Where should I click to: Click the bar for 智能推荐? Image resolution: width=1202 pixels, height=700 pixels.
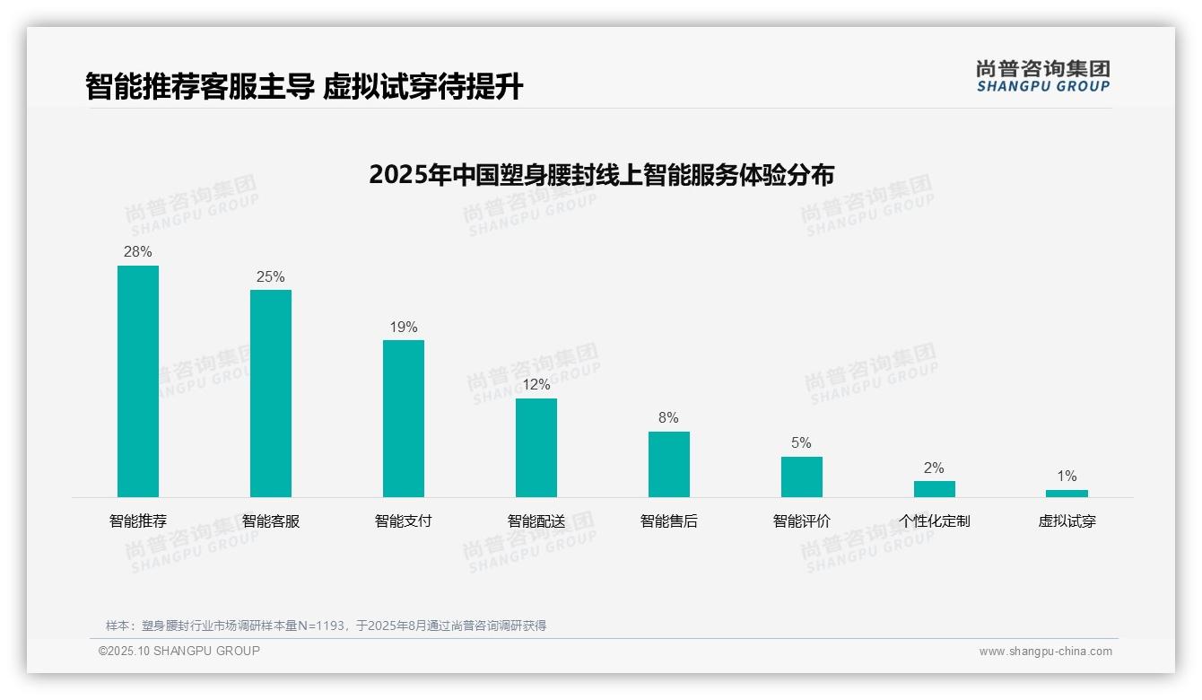tap(138, 381)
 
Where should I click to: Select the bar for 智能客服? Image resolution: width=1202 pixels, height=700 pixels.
tap(271, 393)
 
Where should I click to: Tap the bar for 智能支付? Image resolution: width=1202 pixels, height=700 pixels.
tap(404, 418)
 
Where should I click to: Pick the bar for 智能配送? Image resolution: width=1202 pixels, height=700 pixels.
tap(536, 448)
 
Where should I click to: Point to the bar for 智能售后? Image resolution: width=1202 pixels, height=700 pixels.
tap(669, 464)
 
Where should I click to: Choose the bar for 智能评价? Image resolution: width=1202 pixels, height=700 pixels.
tap(802, 477)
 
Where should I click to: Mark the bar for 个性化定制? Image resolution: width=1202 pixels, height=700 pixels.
tap(935, 489)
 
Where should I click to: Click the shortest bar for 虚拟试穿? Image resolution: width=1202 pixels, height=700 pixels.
tap(1067, 494)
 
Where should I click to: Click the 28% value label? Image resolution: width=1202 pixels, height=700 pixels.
tap(138, 252)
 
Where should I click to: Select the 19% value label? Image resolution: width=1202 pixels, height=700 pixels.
tap(404, 328)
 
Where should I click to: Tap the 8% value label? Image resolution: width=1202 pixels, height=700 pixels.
tap(668, 418)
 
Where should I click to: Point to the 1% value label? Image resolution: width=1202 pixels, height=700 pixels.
tap(1067, 477)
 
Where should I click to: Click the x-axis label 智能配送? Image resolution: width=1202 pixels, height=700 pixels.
tap(536, 521)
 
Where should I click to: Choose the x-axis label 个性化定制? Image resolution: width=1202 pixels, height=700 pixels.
tap(935, 521)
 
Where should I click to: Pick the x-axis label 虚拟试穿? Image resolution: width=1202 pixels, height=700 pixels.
tap(1067, 521)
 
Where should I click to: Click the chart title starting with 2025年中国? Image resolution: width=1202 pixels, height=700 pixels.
tap(601, 174)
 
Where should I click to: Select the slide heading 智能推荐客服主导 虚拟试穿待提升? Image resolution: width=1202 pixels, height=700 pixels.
tap(304, 87)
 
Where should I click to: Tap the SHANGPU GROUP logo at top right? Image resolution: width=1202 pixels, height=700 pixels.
tap(1043, 76)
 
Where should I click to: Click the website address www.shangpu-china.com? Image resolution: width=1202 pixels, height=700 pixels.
tap(1045, 652)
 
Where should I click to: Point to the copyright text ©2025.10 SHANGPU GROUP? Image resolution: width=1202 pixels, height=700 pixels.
tap(179, 651)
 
